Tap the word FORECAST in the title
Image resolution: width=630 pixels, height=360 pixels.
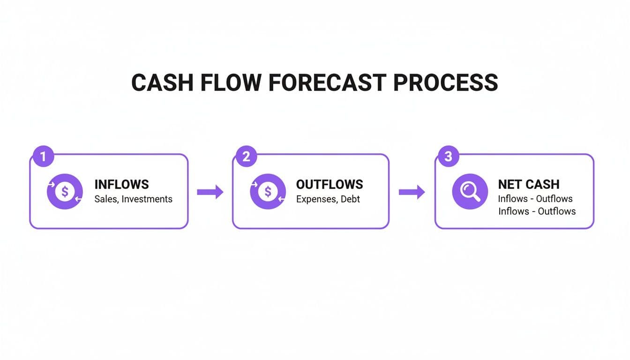click(328, 82)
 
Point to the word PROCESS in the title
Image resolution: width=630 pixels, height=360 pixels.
click(445, 82)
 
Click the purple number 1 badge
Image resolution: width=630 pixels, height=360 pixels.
click(43, 157)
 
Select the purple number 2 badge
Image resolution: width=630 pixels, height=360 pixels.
click(246, 157)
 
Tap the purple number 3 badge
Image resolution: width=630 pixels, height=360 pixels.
click(448, 157)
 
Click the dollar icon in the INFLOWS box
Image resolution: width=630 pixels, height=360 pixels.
click(65, 191)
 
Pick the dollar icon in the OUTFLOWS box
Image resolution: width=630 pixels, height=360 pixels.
click(268, 191)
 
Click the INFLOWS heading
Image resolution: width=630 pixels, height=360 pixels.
click(121, 184)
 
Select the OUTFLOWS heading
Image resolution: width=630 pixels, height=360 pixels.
click(330, 184)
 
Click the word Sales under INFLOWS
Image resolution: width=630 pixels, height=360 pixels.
click(106, 199)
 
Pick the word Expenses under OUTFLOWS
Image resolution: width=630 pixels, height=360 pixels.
click(316, 199)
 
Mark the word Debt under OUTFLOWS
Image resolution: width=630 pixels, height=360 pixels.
click(350, 199)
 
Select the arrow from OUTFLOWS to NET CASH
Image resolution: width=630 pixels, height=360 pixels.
click(412, 192)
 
